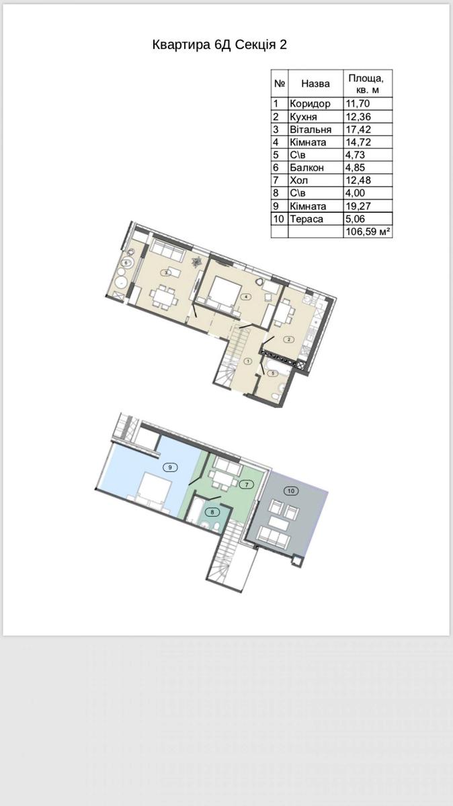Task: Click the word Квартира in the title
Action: tap(181, 46)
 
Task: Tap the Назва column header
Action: tap(315, 84)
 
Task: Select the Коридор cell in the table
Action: tap(310, 103)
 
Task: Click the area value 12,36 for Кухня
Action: tap(358, 117)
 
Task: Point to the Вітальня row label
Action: tap(311, 129)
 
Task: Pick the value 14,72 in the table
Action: tap(358, 142)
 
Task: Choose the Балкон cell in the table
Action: tap(306, 168)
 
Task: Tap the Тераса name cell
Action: tap(306, 219)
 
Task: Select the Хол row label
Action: tap(299, 180)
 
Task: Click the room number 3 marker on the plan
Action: tap(166, 273)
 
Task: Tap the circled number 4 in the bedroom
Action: tap(245, 297)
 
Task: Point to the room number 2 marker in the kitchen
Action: tap(289, 339)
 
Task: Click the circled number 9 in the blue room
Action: tap(171, 467)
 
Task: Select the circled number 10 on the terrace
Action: tap(291, 490)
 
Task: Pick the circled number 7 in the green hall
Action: tap(247, 484)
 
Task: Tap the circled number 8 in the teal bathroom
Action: tap(212, 512)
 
